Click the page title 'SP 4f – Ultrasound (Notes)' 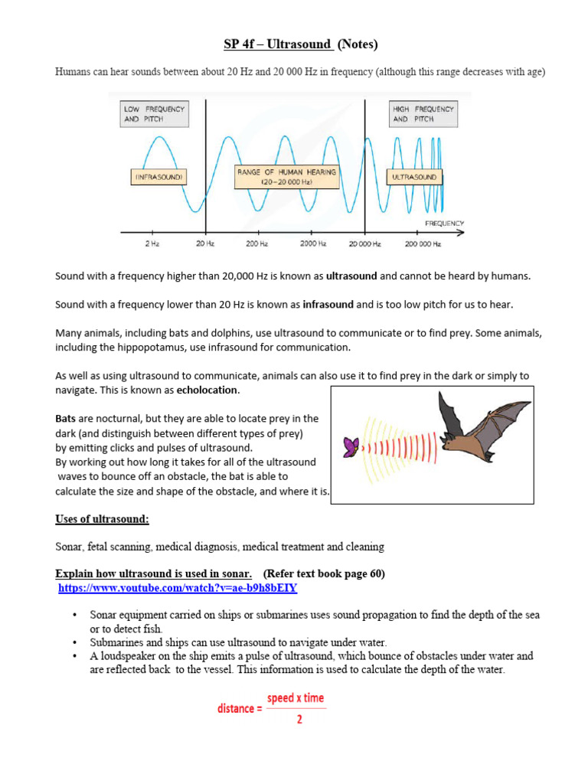(301, 44)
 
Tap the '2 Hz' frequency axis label (152, 243)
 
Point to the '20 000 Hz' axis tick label (365, 243)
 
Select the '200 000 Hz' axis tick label (423, 243)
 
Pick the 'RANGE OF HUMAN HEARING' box (286, 177)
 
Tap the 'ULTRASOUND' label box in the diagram (413, 177)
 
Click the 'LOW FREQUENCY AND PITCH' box (154, 114)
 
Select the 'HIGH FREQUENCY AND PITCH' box (423, 114)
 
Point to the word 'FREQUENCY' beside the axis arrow (444, 224)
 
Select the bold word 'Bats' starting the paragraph (67, 419)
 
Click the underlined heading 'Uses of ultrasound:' (102, 519)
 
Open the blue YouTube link (178, 588)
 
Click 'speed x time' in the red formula (295, 699)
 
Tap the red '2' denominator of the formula (299, 720)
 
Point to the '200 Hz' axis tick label (257, 243)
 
